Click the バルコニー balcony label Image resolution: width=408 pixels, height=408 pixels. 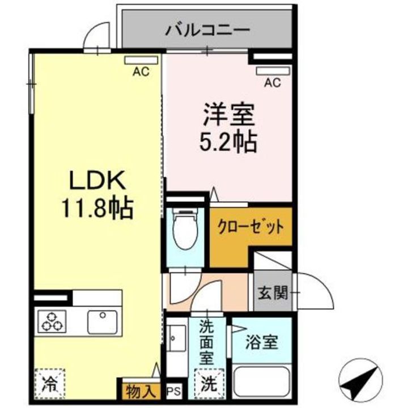pos(207,30)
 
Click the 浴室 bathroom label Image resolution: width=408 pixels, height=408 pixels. pos(261,342)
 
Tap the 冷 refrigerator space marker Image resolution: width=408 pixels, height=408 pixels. pos(50,383)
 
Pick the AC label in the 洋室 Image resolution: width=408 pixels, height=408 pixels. pos(272,83)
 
